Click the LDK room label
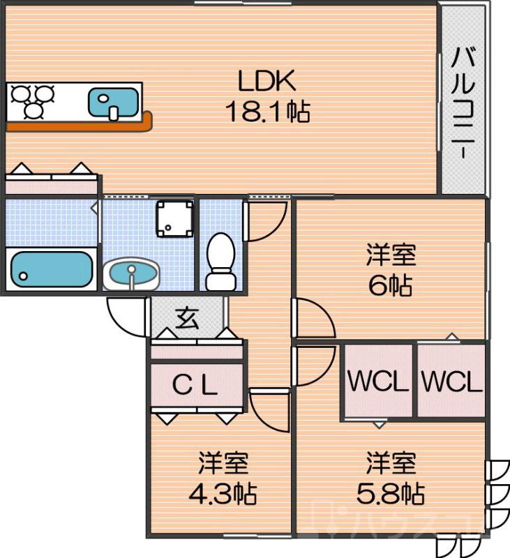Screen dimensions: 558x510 point(267,82)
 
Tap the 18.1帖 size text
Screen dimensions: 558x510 point(267,111)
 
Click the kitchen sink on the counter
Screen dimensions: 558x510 point(112,102)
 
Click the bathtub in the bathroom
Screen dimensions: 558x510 point(51,269)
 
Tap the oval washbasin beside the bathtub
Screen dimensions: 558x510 point(130,273)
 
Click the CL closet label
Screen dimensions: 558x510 point(195,385)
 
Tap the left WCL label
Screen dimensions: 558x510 point(377,382)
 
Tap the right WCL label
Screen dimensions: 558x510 point(451,382)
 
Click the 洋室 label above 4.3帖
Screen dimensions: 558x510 point(223,464)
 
